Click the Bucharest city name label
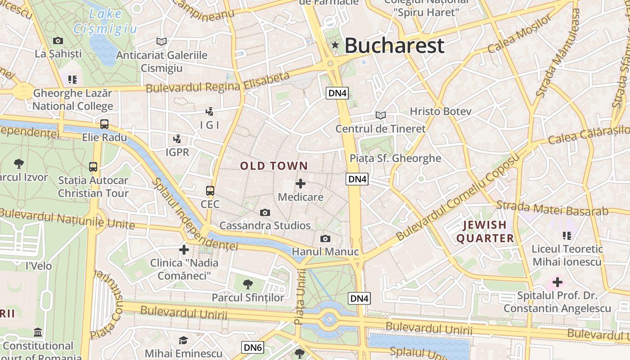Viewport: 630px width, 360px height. coord(394,45)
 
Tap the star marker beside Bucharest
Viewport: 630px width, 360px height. coord(335,45)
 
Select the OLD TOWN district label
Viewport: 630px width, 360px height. coord(274,166)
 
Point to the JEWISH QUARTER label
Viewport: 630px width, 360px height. coord(485,231)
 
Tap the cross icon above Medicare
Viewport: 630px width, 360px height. coord(301,184)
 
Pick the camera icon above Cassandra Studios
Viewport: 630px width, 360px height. coord(265,212)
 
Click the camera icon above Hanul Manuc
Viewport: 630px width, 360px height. coord(325,238)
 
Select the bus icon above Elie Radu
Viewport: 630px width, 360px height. coord(104,124)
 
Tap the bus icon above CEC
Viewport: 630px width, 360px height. coord(210,190)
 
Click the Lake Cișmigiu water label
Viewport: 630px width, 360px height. coord(106,21)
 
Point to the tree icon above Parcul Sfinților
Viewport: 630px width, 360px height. coord(247,284)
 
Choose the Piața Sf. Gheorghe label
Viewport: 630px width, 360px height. coord(395,158)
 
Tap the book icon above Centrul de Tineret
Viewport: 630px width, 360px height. coord(381,115)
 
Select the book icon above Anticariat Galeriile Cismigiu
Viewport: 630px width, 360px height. coord(162,41)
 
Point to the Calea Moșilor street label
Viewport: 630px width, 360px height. coord(519,34)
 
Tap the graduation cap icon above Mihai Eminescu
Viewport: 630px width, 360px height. coord(183,340)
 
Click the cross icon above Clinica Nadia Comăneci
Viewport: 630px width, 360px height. coord(184,249)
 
